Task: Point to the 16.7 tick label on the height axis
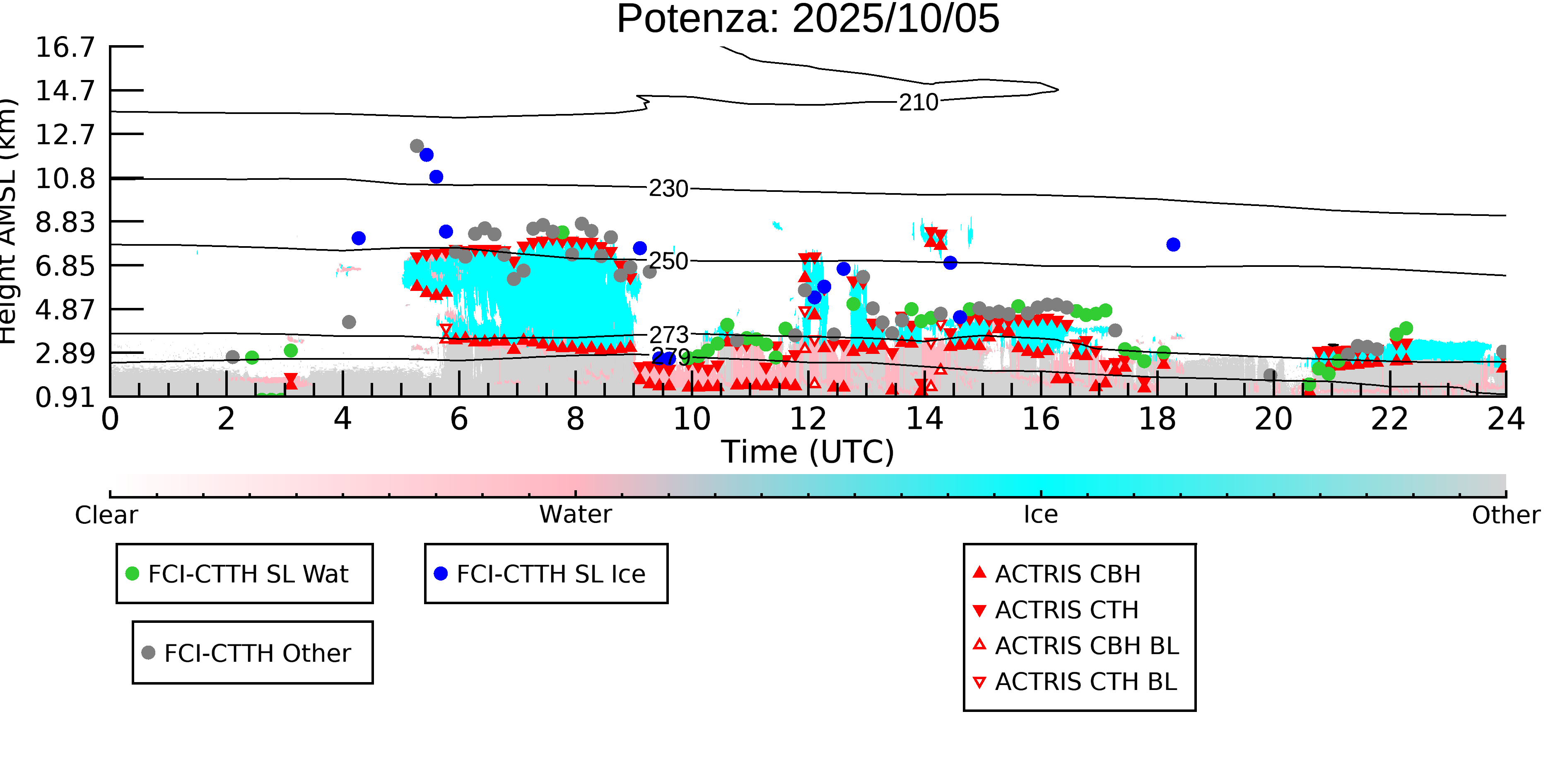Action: (x=65, y=47)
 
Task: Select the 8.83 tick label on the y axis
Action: (x=65, y=222)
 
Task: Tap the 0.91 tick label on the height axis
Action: (x=65, y=397)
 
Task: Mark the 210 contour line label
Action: (x=918, y=102)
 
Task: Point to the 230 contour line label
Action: (x=668, y=189)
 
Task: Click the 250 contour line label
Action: (x=668, y=261)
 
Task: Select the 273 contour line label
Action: (x=668, y=335)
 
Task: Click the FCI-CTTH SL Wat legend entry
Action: (x=248, y=574)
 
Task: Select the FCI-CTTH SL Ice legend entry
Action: (x=550, y=574)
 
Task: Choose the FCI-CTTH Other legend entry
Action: (x=257, y=653)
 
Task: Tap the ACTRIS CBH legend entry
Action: (x=1067, y=574)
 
